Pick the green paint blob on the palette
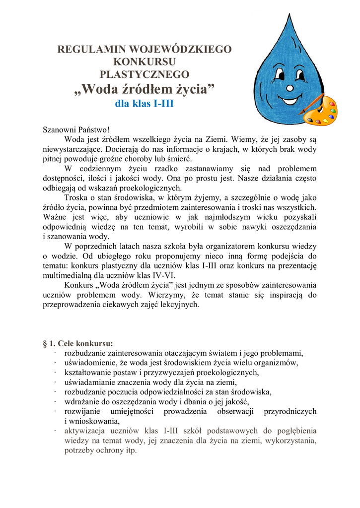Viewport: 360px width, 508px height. pos(332,111)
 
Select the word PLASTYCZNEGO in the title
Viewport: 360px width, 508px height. pos(144,75)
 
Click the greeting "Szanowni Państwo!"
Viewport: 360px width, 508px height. pos(76,129)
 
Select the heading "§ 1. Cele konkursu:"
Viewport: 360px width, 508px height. pos(78,343)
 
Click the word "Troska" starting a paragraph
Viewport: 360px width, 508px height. pos(77,197)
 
